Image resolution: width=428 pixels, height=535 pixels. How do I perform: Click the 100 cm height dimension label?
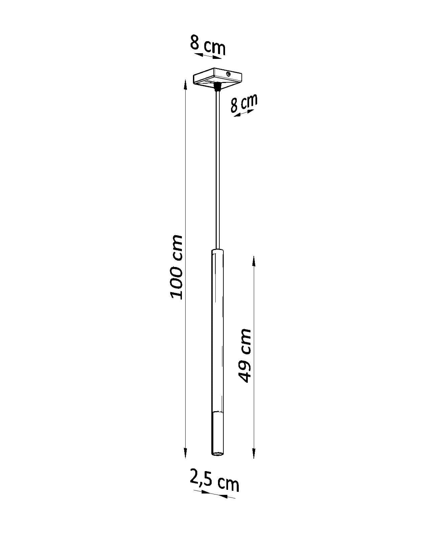click(176, 267)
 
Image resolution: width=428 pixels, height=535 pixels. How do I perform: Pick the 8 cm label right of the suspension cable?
click(244, 103)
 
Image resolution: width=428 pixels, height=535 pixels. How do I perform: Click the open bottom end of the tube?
click(217, 454)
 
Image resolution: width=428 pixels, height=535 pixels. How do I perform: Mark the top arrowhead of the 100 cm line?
click(185, 84)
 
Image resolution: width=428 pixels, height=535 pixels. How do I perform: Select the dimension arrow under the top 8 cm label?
click(208, 56)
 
